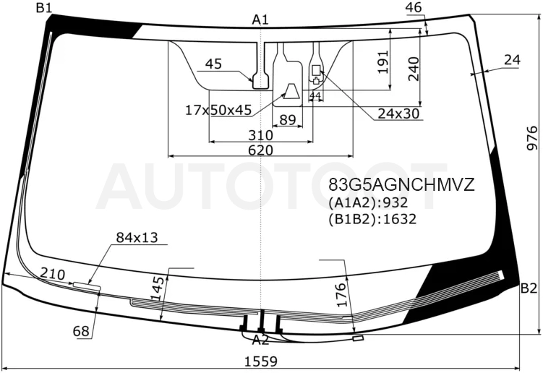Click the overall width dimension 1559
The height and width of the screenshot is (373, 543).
pos(261,361)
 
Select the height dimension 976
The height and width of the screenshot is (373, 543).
pos(532,138)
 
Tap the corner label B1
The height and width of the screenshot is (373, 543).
pos(44,8)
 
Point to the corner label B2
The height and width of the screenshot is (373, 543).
pos(529,288)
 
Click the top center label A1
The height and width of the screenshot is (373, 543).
pos(260,20)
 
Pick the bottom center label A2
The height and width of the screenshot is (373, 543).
pos(260,340)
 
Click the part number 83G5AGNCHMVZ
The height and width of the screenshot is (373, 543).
pos(401,185)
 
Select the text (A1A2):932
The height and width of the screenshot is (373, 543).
pos(368,202)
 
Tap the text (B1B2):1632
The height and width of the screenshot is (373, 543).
pos(372,219)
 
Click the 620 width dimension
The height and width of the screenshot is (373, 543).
pos(260,150)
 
